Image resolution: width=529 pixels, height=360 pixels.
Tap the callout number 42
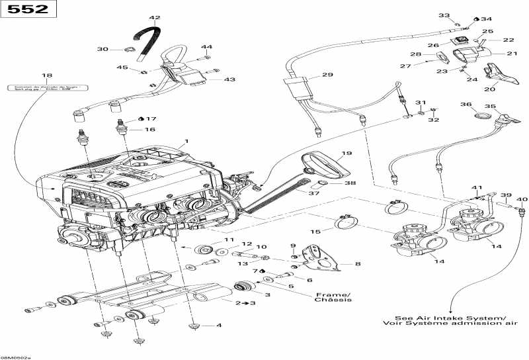(155, 18)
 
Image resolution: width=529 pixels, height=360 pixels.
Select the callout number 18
(46, 76)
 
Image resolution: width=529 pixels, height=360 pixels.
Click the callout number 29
(327, 75)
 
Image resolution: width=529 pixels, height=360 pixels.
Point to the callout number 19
(346, 153)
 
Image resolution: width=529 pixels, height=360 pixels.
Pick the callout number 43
(229, 79)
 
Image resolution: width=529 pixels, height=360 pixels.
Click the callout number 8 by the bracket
(358, 264)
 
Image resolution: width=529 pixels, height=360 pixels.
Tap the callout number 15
(315, 232)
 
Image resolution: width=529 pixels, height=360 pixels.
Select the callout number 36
(466, 105)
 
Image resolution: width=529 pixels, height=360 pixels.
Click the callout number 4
(219, 326)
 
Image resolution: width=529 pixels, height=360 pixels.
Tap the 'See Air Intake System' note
(450, 320)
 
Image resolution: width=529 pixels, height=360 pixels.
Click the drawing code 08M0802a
(16, 355)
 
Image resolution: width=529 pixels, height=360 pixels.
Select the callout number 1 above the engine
(187, 141)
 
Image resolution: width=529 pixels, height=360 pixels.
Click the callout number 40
(522, 199)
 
